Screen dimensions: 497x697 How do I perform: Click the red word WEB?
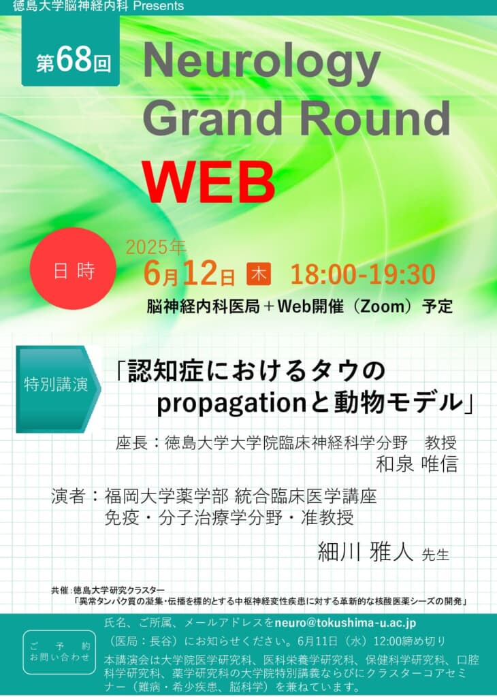click(x=208, y=182)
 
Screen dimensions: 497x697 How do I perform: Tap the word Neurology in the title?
click(x=261, y=63)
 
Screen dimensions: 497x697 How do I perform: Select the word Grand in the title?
click(x=212, y=118)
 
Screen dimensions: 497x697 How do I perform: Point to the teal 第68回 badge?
click(x=71, y=50)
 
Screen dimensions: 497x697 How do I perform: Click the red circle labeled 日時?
click(x=73, y=268)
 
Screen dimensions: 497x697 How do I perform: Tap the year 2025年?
click(x=156, y=247)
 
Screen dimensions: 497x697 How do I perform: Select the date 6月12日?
click(x=189, y=273)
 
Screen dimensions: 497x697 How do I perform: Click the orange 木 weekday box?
click(x=259, y=274)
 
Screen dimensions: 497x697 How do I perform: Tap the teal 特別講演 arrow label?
click(x=58, y=389)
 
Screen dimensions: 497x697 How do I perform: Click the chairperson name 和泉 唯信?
click(x=417, y=464)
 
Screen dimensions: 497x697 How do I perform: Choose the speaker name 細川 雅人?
click(x=366, y=552)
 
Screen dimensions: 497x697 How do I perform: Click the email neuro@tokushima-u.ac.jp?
click(x=345, y=623)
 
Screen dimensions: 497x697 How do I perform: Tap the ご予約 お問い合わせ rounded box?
click(x=59, y=651)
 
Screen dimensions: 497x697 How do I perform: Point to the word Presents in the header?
click(x=158, y=5)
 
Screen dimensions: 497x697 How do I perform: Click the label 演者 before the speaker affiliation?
click(x=67, y=496)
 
